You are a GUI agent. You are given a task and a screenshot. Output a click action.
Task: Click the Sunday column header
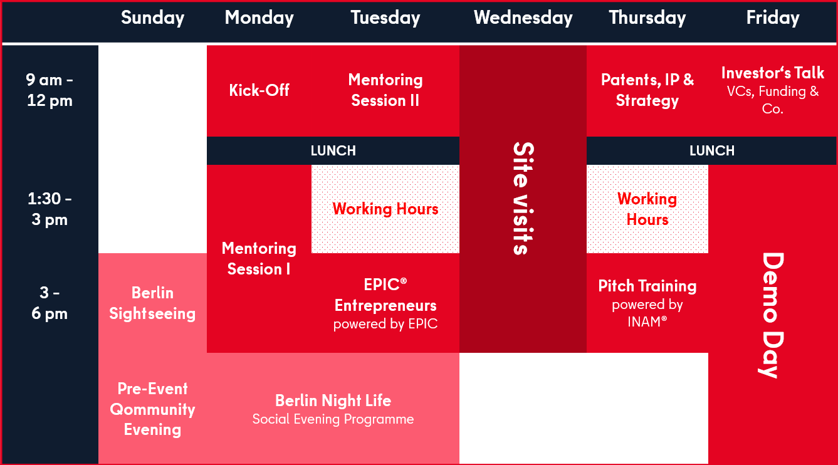click(x=153, y=18)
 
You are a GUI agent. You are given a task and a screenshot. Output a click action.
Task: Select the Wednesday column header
click(x=523, y=18)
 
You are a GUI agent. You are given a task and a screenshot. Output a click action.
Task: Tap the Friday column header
click(x=773, y=18)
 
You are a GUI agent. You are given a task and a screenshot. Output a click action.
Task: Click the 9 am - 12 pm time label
click(x=50, y=90)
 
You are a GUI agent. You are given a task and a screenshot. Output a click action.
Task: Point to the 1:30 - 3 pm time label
click(x=50, y=209)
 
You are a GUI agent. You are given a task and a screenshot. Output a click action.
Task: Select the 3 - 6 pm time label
click(x=50, y=303)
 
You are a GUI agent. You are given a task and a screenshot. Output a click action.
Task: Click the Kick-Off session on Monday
click(x=259, y=90)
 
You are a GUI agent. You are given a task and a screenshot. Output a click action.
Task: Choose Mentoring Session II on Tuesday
click(x=385, y=90)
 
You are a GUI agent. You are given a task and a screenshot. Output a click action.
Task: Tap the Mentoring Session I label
click(x=259, y=258)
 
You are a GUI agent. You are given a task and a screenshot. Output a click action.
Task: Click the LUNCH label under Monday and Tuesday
click(x=333, y=150)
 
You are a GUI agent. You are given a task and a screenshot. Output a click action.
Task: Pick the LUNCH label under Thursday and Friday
click(x=711, y=150)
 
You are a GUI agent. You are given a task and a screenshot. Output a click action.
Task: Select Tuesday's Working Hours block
click(x=385, y=209)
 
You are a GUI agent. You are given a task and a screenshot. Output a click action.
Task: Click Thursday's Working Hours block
click(x=647, y=209)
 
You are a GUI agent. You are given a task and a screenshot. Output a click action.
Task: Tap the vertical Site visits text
click(x=523, y=199)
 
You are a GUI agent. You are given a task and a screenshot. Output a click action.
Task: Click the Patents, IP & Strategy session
click(x=647, y=90)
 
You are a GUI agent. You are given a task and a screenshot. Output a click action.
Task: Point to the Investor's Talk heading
click(x=773, y=73)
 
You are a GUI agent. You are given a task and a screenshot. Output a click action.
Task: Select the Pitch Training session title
click(x=647, y=286)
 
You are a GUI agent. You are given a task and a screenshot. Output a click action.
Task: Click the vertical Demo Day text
click(x=773, y=315)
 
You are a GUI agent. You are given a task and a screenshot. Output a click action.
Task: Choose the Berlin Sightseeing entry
click(x=153, y=303)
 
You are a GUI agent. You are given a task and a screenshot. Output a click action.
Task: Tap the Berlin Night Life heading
click(x=333, y=400)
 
